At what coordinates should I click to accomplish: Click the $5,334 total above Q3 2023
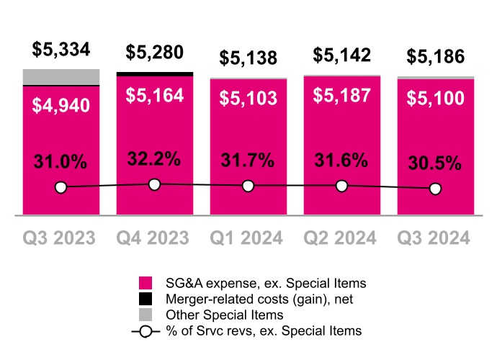(61, 50)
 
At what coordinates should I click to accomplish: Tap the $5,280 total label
(154, 53)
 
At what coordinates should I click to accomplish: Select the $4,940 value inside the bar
(61, 105)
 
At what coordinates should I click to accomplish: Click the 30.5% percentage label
(435, 163)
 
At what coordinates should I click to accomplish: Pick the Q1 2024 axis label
(248, 238)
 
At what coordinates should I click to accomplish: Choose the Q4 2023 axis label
(154, 238)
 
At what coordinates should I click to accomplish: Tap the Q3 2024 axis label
(435, 238)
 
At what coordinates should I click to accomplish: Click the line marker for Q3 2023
(61, 188)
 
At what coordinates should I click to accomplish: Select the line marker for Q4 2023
(154, 184)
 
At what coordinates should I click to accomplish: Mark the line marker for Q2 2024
(341, 186)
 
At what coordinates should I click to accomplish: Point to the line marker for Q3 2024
(435, 189)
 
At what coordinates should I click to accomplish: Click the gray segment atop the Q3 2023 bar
(61, 76)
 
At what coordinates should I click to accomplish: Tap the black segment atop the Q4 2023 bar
(154, 73)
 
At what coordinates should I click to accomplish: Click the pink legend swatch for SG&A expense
(145, 282)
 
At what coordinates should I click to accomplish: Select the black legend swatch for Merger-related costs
(145, 298)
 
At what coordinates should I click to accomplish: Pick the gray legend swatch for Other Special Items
(145, 315)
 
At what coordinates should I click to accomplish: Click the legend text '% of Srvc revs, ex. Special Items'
(264, 330)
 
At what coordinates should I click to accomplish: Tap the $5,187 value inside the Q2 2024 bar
(341, 95)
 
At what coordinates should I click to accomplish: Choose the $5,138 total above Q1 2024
(248, 58)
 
